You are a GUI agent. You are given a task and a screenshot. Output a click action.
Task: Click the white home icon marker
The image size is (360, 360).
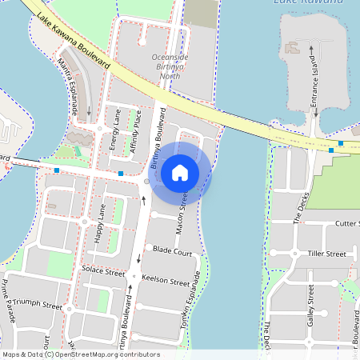[180, 173]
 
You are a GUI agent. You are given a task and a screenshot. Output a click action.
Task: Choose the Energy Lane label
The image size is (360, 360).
[117, 130]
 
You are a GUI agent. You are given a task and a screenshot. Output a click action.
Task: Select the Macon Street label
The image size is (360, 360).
[182, 204]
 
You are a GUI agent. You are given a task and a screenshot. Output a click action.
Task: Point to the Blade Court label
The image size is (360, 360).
[172, 252]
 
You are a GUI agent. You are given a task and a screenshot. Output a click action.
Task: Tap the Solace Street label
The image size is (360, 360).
[103, 270]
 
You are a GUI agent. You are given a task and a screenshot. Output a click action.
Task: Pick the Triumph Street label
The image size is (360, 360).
[36, 305]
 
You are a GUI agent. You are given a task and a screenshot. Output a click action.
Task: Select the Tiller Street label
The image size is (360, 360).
[326, 254]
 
